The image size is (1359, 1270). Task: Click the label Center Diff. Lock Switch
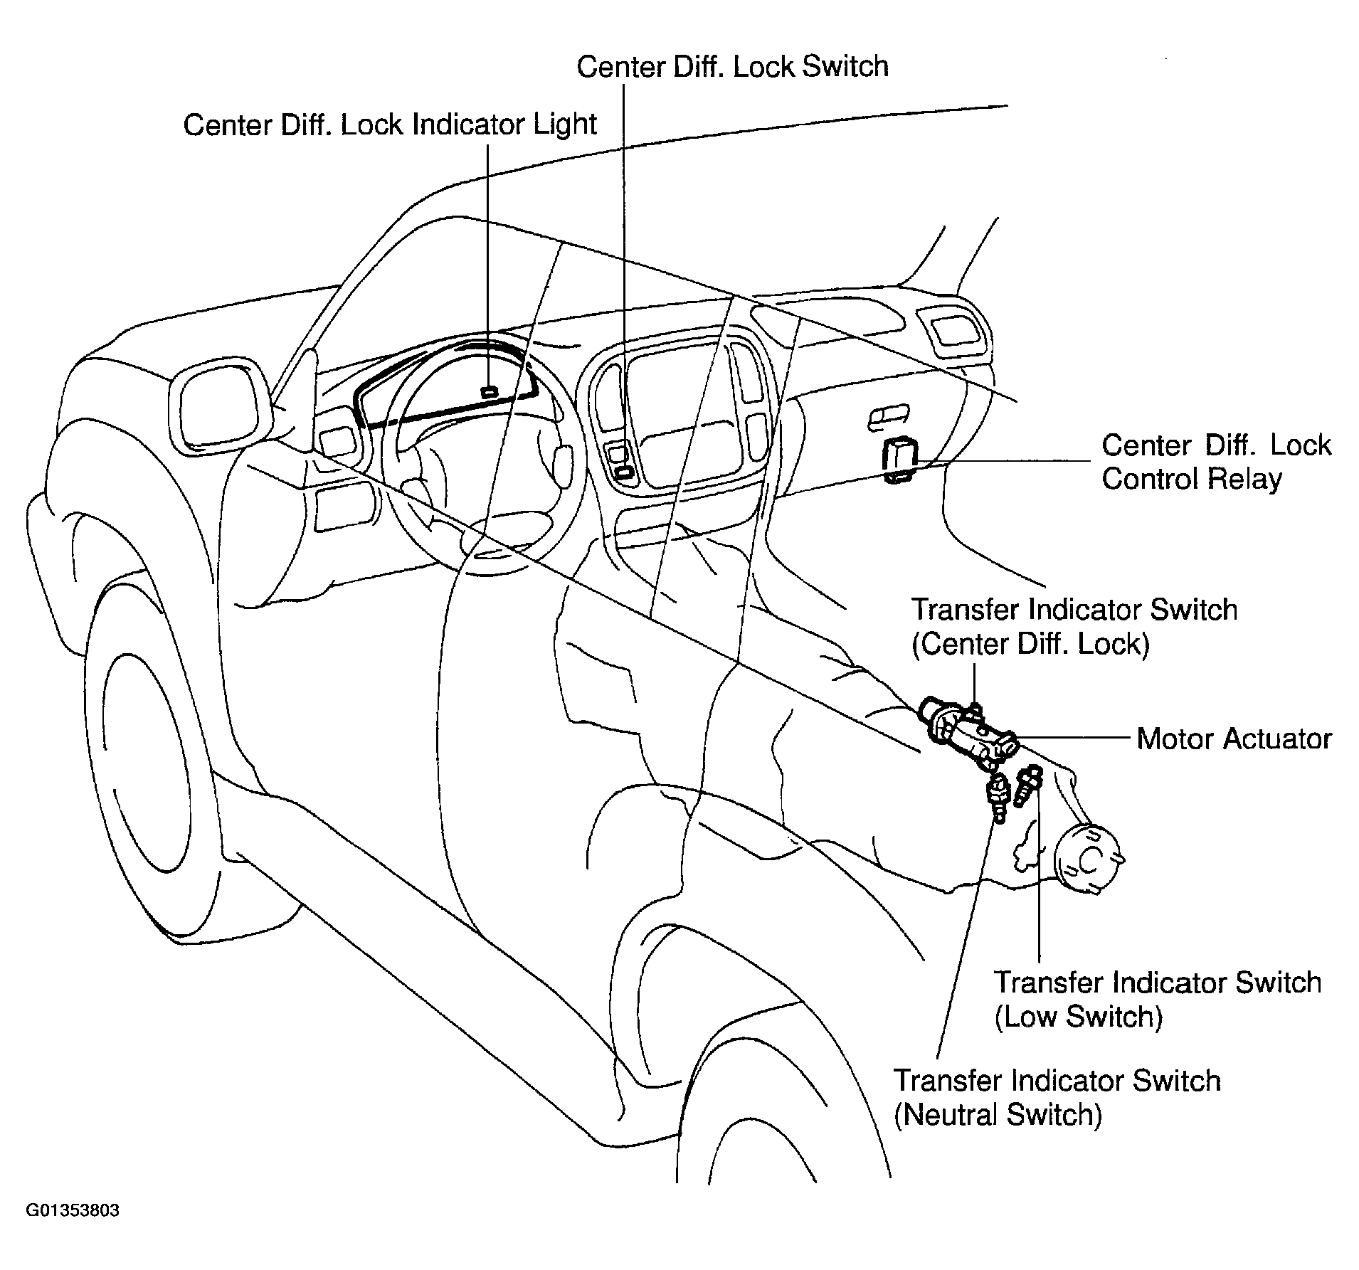coord(732,66)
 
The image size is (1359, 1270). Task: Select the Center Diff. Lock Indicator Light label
coord(390,125)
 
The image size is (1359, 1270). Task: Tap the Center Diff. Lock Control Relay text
coord(1216,462)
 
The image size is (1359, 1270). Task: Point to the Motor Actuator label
coord(1234,739)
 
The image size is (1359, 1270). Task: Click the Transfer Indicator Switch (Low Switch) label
coord(1158,999)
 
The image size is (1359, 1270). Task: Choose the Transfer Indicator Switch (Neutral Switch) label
coord(1057,1097)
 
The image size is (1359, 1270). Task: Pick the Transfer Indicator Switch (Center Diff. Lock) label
coord(1074,627)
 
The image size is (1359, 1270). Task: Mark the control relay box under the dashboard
coord(899,460)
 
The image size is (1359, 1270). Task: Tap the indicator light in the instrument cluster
coord(489,392)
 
